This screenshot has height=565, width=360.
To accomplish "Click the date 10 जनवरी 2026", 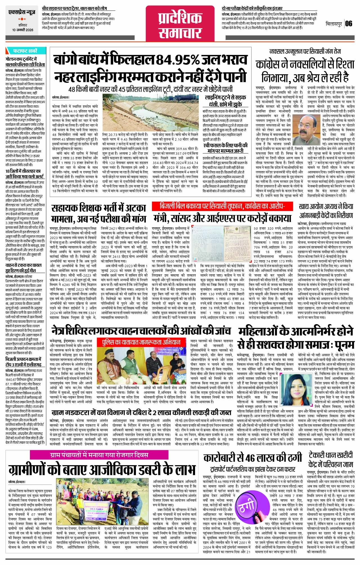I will coord(23,30).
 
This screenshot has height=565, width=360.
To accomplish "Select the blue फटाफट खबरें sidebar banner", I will coord(25,51).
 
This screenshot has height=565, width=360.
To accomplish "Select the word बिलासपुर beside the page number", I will coord(333,24).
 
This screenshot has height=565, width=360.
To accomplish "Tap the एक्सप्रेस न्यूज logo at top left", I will coord(23,13).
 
